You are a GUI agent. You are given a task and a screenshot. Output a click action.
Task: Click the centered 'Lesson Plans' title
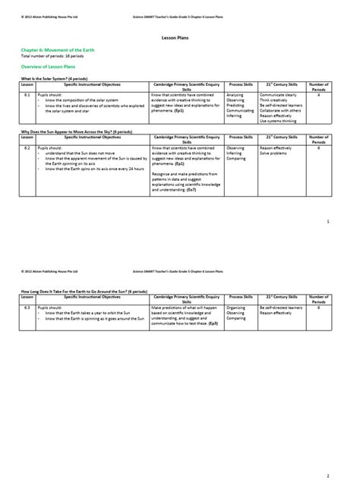pos(179,36)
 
